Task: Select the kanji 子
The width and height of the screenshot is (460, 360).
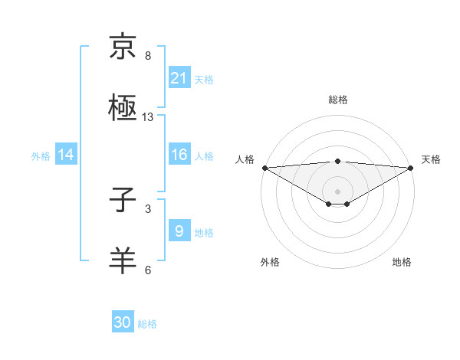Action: [x=123, y=200]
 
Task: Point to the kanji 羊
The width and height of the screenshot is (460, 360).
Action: [x=123, y=260]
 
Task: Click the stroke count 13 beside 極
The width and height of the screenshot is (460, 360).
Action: [x=148, y=117]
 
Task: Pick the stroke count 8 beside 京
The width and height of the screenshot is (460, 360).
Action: [x=148, y=56]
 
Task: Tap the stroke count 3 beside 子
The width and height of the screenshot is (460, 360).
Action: [x=148, y=208]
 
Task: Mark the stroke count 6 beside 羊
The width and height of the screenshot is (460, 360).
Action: [x=148, y=270]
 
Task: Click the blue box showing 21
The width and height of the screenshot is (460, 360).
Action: [x=179, y=77]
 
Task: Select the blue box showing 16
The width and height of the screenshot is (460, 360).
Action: [x=179, y=155]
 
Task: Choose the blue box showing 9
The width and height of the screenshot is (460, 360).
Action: [x=179, y=231]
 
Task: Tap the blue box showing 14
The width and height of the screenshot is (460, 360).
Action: [x=66, y=155]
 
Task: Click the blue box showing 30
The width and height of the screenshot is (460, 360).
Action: [x=123, y=322]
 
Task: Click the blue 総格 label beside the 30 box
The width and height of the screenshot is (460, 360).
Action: [x=147, y=324]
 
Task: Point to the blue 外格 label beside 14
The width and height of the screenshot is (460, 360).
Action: [x=41, y=155]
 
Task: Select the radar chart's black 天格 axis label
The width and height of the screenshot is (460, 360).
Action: [x=431, y=159]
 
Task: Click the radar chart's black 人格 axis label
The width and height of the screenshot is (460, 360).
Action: [x=245, y=159]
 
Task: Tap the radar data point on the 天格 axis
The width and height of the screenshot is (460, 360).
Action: [x=411, y=168]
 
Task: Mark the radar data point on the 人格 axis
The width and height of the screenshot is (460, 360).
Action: [x=264, y=168]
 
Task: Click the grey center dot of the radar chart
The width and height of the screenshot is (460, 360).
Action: [x=337, y=191]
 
